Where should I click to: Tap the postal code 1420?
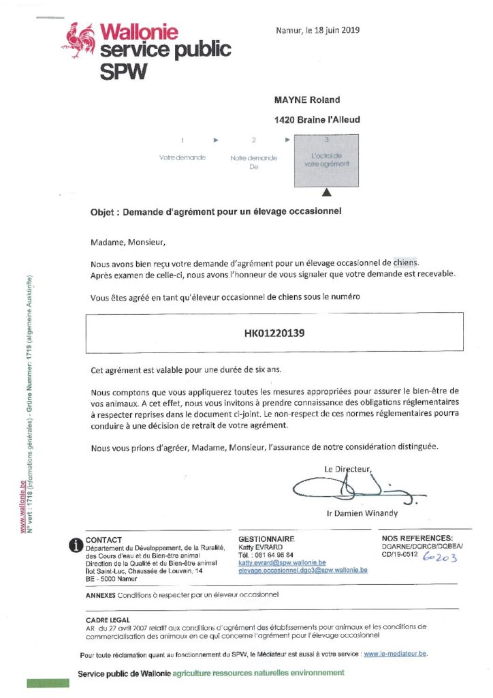(284, 119)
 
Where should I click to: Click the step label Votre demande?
(182, 157)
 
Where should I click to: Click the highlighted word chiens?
(407, 262)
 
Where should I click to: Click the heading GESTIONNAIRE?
(266, 538)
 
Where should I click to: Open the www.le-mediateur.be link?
(396, 654)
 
